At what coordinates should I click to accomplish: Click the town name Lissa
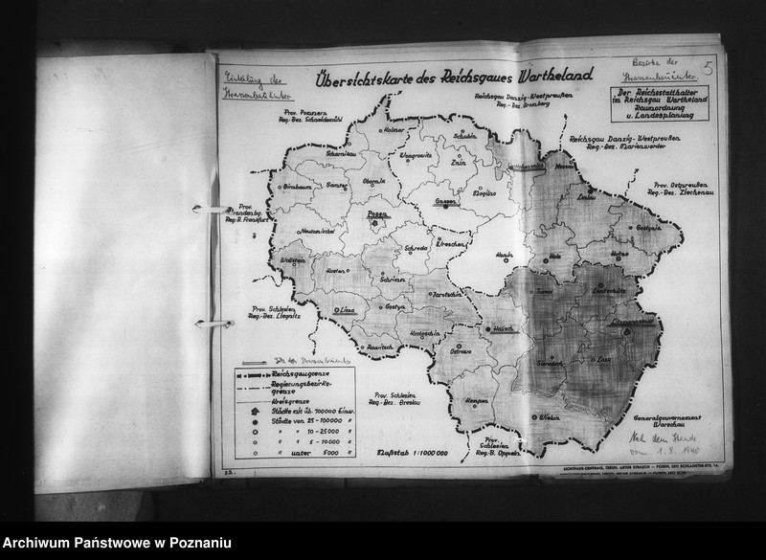click(x=349, y=310)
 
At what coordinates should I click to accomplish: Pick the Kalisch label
click(x=503, y=328)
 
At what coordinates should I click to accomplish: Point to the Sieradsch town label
click(x=550, y=365)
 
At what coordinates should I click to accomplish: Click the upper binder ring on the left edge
click(x=203, y=208)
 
